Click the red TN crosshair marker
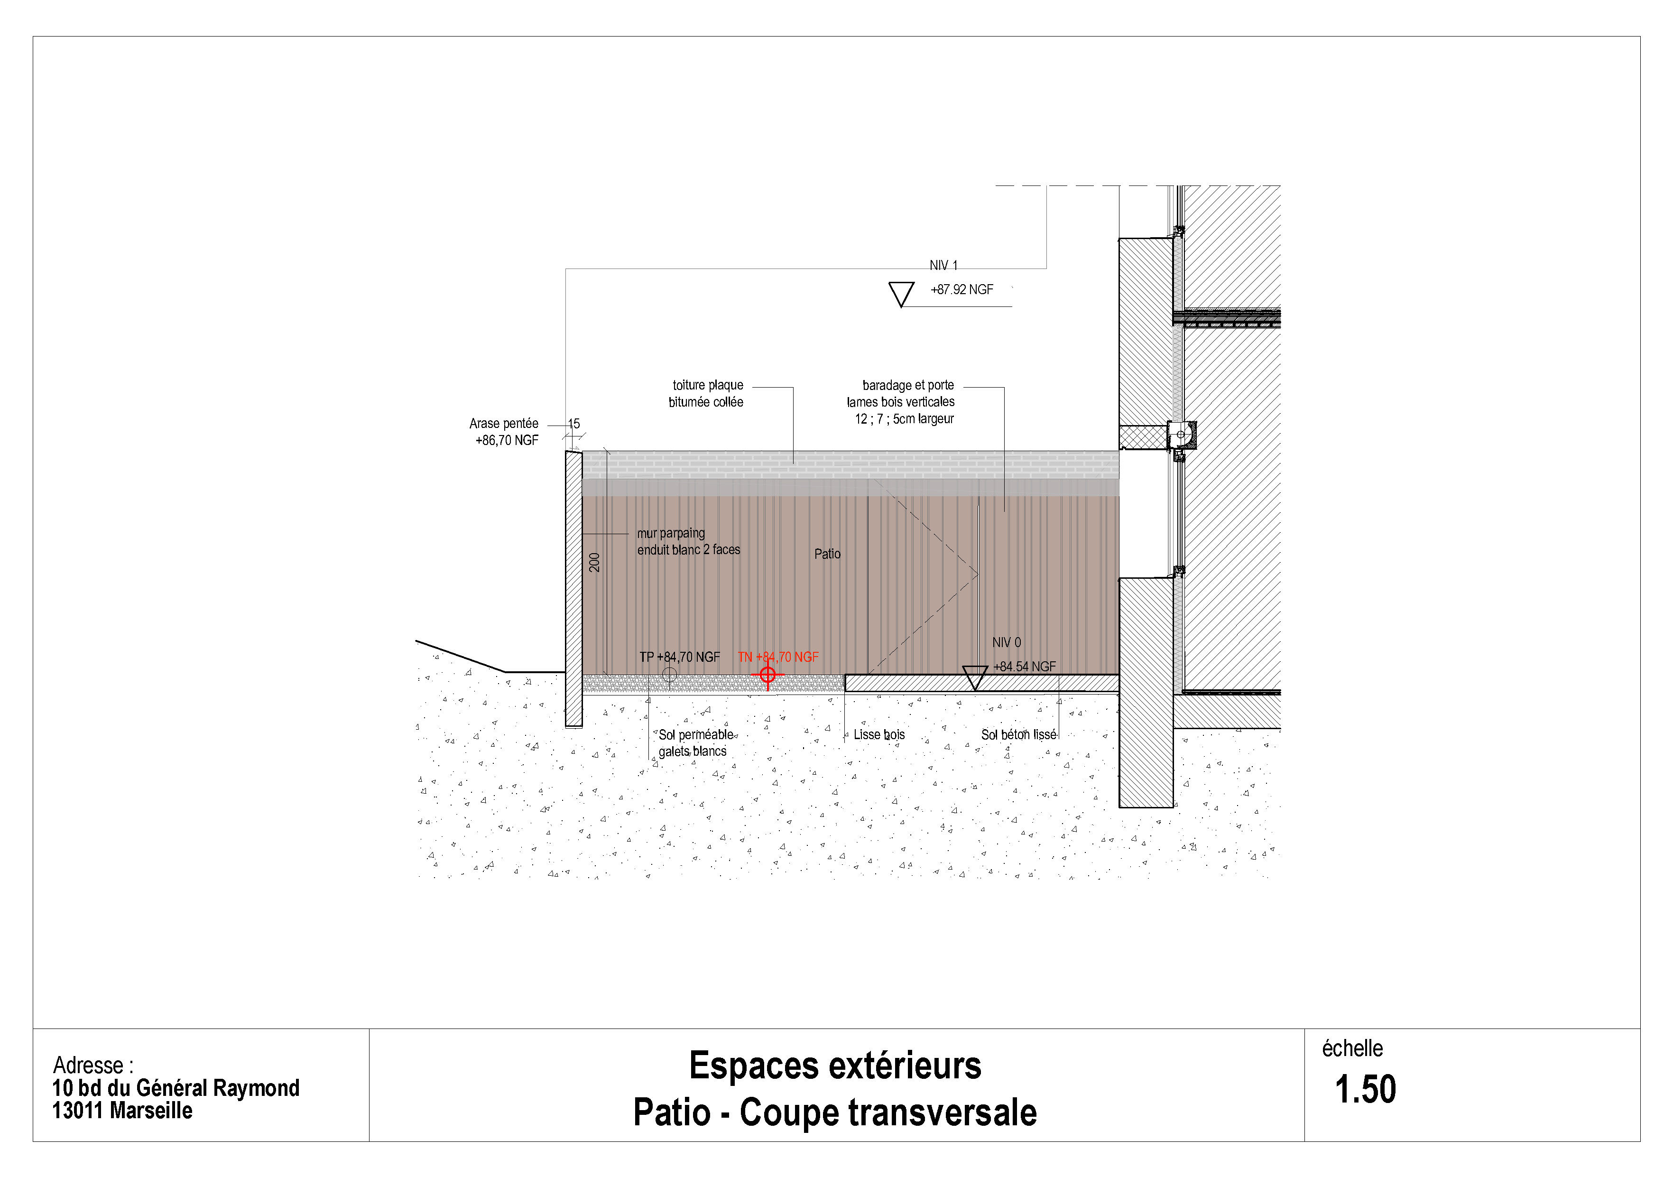point(767,675)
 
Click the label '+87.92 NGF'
point(961,290)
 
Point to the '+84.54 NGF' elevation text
point(1024,667)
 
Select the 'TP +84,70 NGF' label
point(679,658)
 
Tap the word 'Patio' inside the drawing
point(827,555)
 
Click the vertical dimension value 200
point(594,563)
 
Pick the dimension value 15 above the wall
point(574,424)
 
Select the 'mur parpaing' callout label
point(671,533)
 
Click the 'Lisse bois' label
point(879,735)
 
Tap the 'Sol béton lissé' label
point(1018,735)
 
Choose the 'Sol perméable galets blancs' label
point(694,743)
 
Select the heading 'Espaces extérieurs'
point(835,1066)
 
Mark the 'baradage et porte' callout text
point(907,386)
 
